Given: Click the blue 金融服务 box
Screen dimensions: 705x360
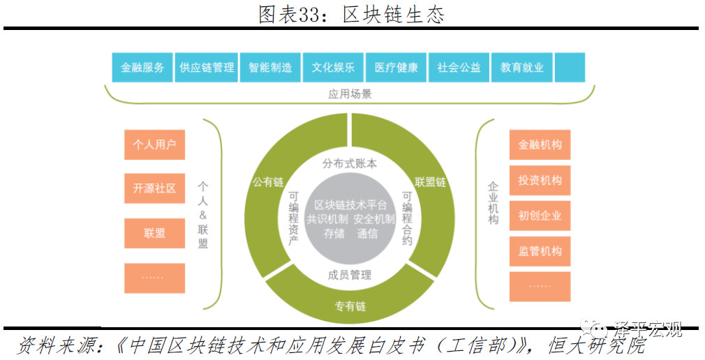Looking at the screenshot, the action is pyautogui.click(x=142, y=68).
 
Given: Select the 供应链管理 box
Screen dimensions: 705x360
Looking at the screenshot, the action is pyautogui.click(x=207, y=68).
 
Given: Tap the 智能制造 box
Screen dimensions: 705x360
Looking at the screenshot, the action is pyautogui.click(x=270, y=68).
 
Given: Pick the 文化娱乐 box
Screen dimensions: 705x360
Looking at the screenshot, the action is pyautogui.click(x=333, y=68).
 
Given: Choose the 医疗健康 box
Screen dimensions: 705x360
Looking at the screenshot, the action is pyautogui.click(x=396, y=68).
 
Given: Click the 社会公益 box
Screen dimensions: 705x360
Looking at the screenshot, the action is pyautogui.click(x=459, y=68).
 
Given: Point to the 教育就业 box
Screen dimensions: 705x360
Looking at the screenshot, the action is pyautogui.click(x=522, y=68).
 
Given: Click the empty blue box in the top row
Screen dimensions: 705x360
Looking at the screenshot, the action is pyautogui.click(x=570, y=68).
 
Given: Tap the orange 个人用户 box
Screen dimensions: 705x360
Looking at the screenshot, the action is pyautogui.click(x=155, y=144).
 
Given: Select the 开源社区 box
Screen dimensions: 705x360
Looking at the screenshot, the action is pyautogui.click(x=155, y=188).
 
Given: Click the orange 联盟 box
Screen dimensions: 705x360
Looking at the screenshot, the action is pyautogui.click(x=155, y=233).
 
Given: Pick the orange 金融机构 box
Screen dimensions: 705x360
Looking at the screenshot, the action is pyautogui.click(x=540, y=144).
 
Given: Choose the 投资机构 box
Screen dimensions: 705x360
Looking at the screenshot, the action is pyautogui.click(x=540, y=180).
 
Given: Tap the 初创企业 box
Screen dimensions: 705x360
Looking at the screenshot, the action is pyautogui.click(x=540, y=216).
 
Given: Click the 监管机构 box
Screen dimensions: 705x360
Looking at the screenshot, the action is pyautogui.click(x=540, y=251).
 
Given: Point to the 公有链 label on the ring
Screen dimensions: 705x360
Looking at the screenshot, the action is pyautogui.click(x=268, y=182).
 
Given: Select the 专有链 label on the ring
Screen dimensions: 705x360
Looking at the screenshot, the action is pyautogui.click(x=350, y=306).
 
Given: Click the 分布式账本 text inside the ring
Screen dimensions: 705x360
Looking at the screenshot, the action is pyautogui.click(x=350, y=163).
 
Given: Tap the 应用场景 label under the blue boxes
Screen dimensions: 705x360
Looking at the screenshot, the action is pyautogui.click(x=350, y=94).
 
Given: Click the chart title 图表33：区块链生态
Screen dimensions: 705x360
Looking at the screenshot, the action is pyautogui.click(x=352, y=15).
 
